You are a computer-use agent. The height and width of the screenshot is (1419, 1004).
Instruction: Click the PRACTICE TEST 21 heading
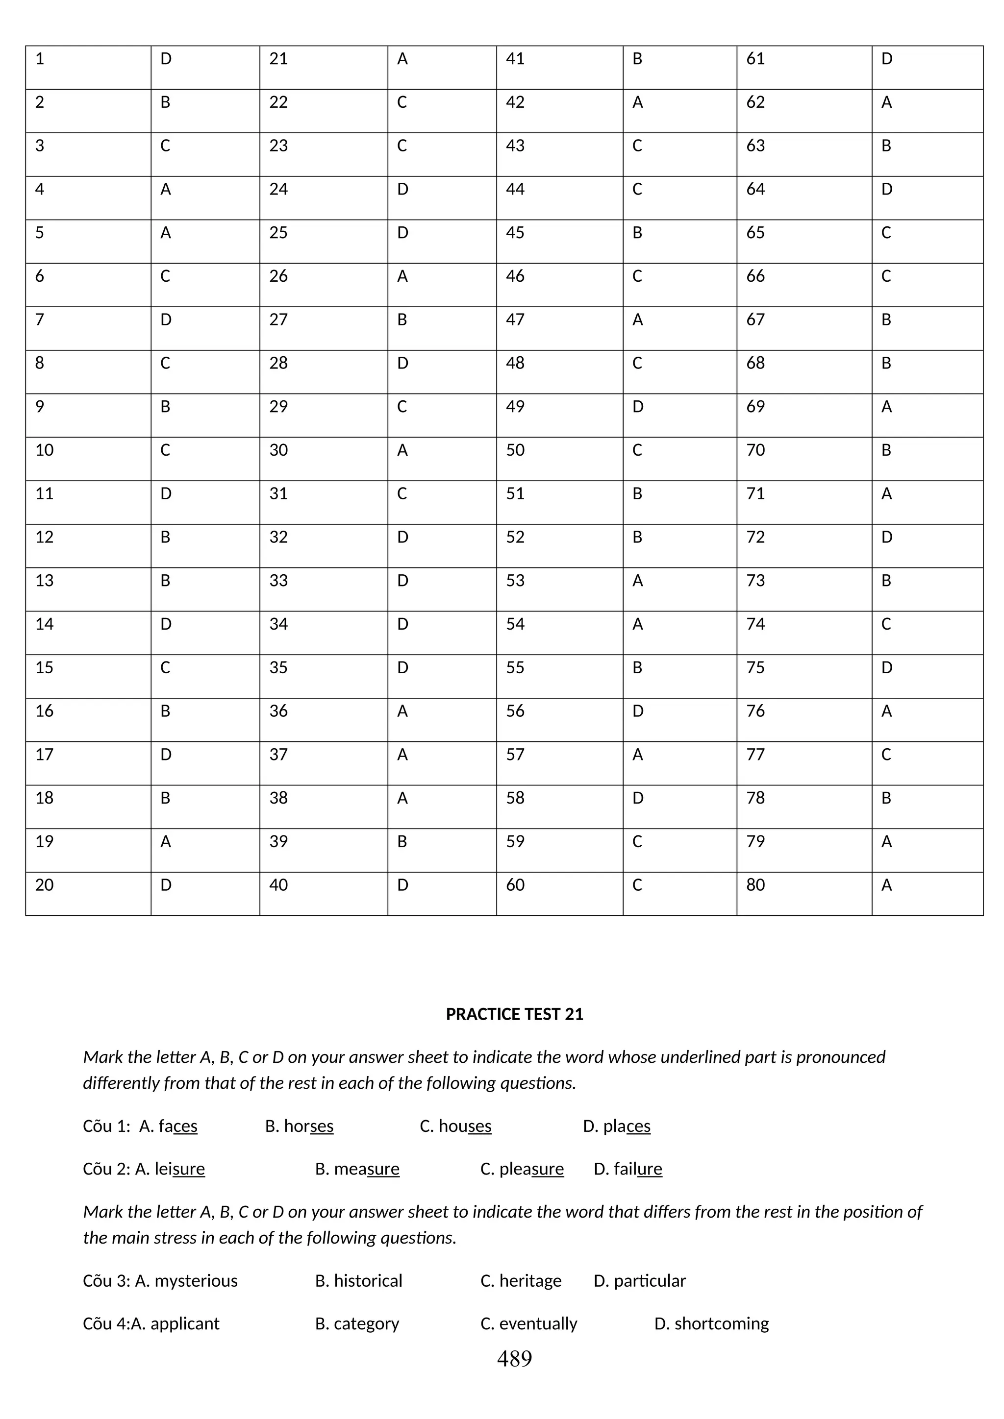point(514,1014)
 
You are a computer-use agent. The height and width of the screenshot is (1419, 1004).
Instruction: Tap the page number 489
point(514,1358)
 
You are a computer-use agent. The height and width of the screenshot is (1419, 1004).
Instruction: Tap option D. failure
point(627,1169)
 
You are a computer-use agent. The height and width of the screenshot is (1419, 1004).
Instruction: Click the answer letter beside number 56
point(638,711)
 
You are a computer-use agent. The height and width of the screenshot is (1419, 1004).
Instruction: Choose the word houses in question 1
point(464,1126)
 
